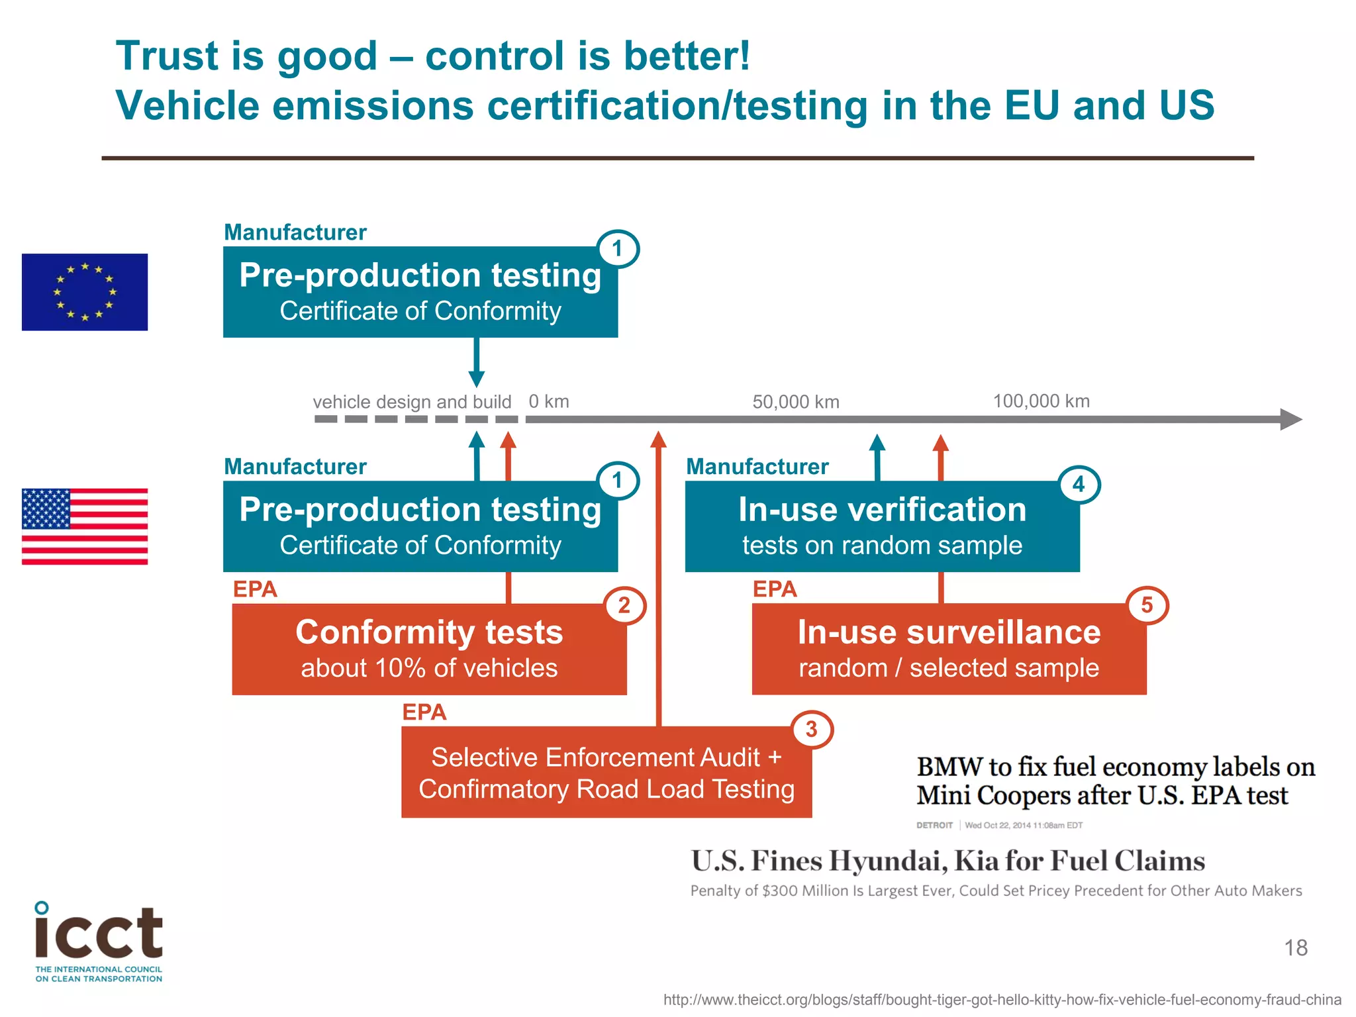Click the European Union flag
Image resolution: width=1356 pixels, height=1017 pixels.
(x=85, y=292)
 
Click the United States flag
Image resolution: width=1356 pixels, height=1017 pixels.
(x=85, y=526)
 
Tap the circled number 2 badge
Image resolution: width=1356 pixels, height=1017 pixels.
(x=624, y=605)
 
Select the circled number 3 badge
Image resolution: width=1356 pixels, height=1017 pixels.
(x=812, y=729)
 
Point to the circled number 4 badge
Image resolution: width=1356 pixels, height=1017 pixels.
(x=1079, y=484)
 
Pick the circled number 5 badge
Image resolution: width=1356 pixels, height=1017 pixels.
(x=1147, y=605)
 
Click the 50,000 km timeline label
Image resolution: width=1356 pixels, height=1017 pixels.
(x=796, y=402)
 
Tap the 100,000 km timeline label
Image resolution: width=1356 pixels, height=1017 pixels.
(x=1041, y=401)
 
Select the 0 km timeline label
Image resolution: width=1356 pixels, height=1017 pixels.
(x=549, y=401)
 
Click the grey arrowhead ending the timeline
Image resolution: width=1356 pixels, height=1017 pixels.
(x=1290, y=419)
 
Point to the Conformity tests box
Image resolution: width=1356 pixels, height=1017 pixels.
(x=429, y=649)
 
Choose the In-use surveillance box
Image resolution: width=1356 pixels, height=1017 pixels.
(x=949, y=649)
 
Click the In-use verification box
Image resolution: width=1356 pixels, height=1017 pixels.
(x=882, y=526)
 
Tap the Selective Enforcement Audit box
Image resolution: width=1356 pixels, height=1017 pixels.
(x=606, y=773)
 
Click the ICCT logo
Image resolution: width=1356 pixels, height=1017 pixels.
(x=99, y=941)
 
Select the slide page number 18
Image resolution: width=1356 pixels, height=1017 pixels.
(x=1296, y=947)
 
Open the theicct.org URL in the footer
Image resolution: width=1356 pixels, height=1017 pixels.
(x=1002, y=1000)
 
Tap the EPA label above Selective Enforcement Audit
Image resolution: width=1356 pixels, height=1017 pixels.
(x=424, y=712)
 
